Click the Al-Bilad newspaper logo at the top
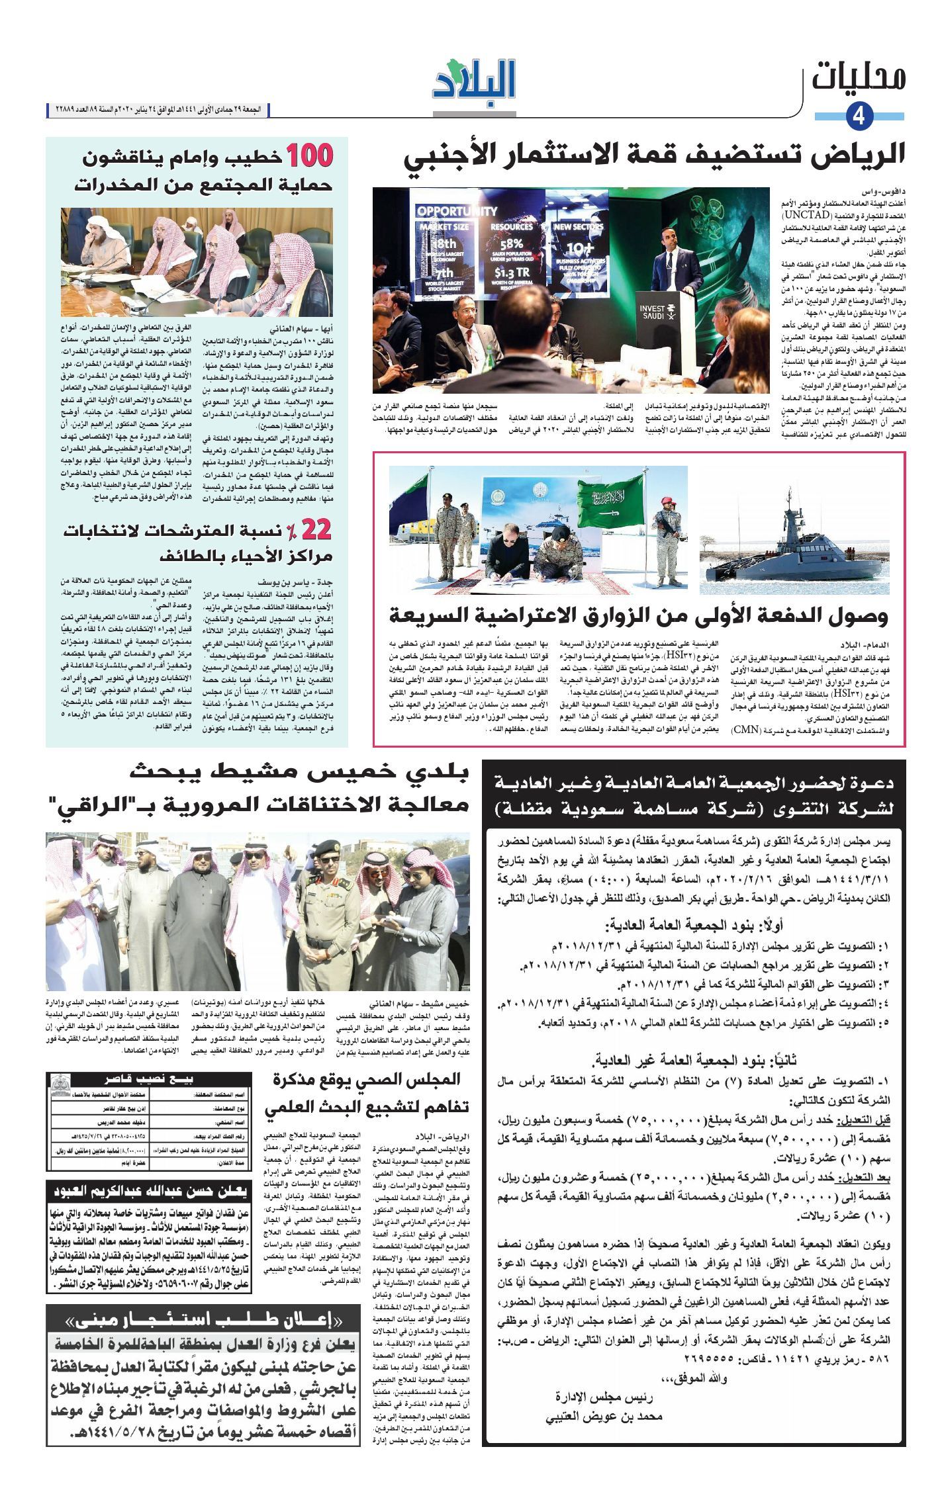[x=474, y=81]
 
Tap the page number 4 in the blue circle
[x=859, y=116]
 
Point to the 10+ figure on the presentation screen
[x=579, y=248]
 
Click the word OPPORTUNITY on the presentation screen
[x=457, y=212]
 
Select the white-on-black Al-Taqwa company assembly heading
[x=695, y=795]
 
